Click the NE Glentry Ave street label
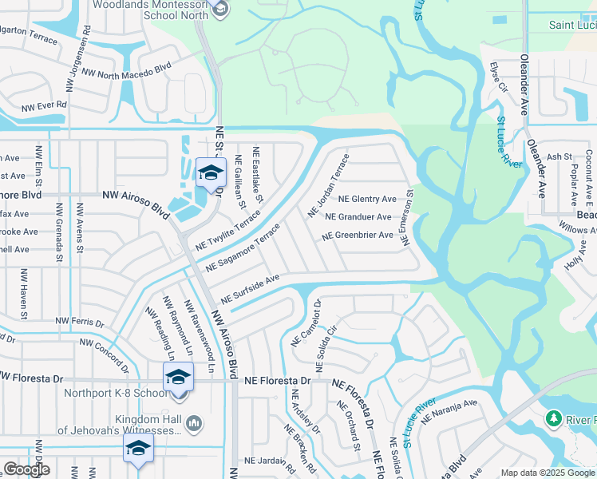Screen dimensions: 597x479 click(x=367, y=199)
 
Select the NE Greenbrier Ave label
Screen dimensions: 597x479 click(x=358, y=236)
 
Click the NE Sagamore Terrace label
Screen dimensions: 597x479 click(x=243, y=247)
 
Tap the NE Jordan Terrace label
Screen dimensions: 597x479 click(x=329, y=188)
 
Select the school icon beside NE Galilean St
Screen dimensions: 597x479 click(x=211, y=173)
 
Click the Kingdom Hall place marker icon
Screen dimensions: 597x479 click(x=195, y=422)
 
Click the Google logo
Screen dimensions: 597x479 click(x=26, y=469)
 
